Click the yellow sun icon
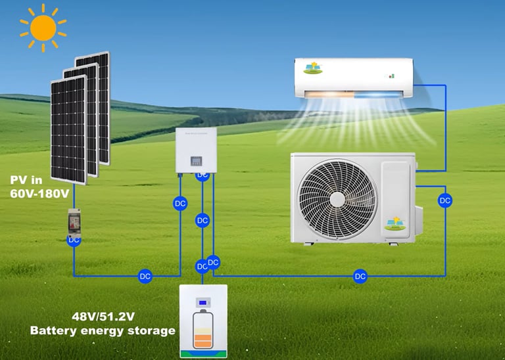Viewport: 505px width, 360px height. point(43,28)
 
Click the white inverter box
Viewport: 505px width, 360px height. point(196,150)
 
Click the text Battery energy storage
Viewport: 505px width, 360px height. point(103,330)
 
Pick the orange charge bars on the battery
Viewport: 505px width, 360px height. point(204,340)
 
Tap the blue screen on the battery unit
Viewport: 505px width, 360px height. point(204,304)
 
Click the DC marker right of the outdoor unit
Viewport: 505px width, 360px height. point(445,200)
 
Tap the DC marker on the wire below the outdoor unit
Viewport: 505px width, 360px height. point(360,277)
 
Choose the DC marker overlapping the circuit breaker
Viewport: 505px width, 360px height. point(74,240)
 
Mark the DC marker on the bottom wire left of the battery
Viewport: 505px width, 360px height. point(145,277)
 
